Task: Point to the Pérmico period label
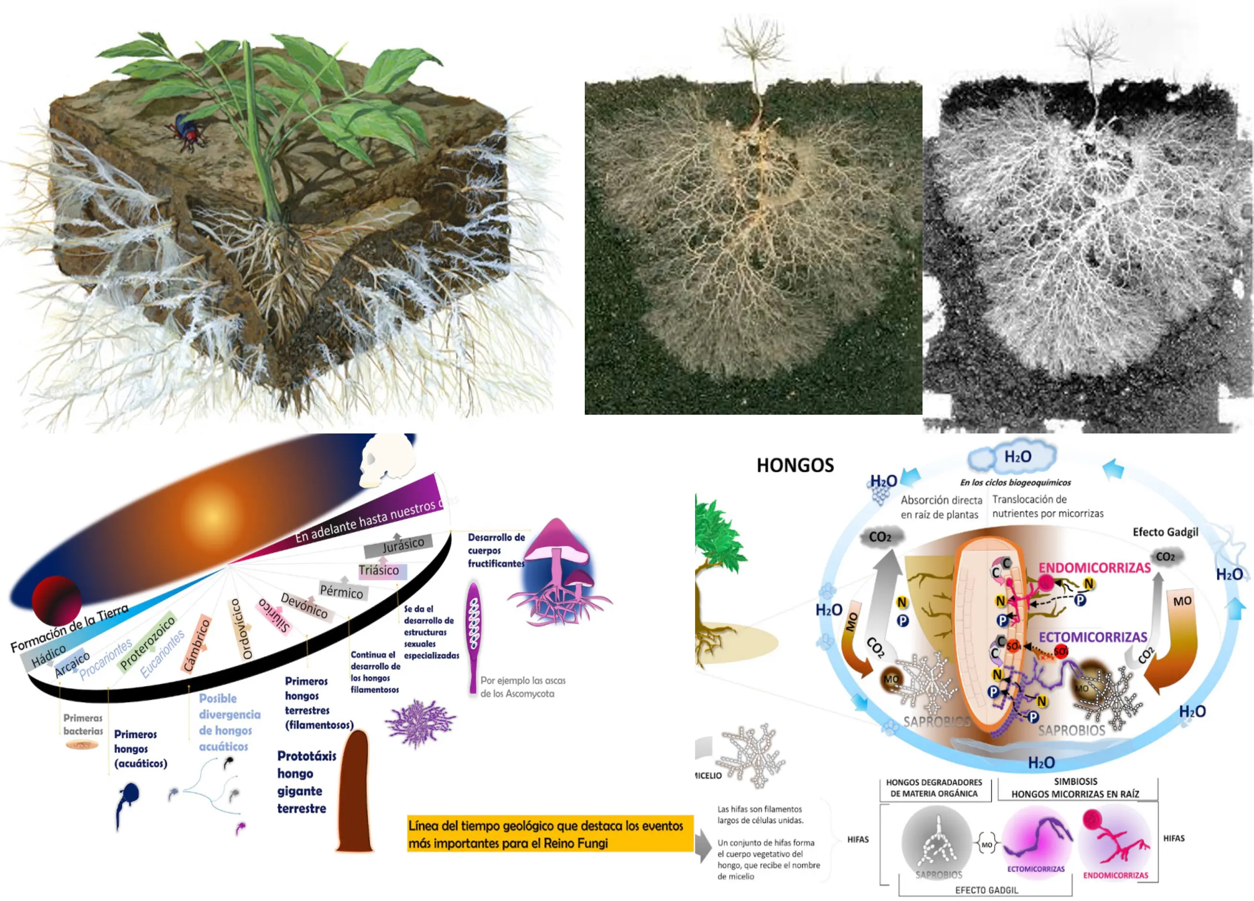(x=342, y=591)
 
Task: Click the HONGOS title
(x=794, y=466)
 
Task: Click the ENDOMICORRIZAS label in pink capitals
(x=1094, y=568)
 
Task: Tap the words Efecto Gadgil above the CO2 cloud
(x=1165, y=532)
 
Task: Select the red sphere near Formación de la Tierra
(x=57, y=601)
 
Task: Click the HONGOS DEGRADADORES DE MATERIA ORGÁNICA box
(x=934, y=788)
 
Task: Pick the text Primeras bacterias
(x=83, y=724)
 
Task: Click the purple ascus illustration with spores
(x=473, y=636)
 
